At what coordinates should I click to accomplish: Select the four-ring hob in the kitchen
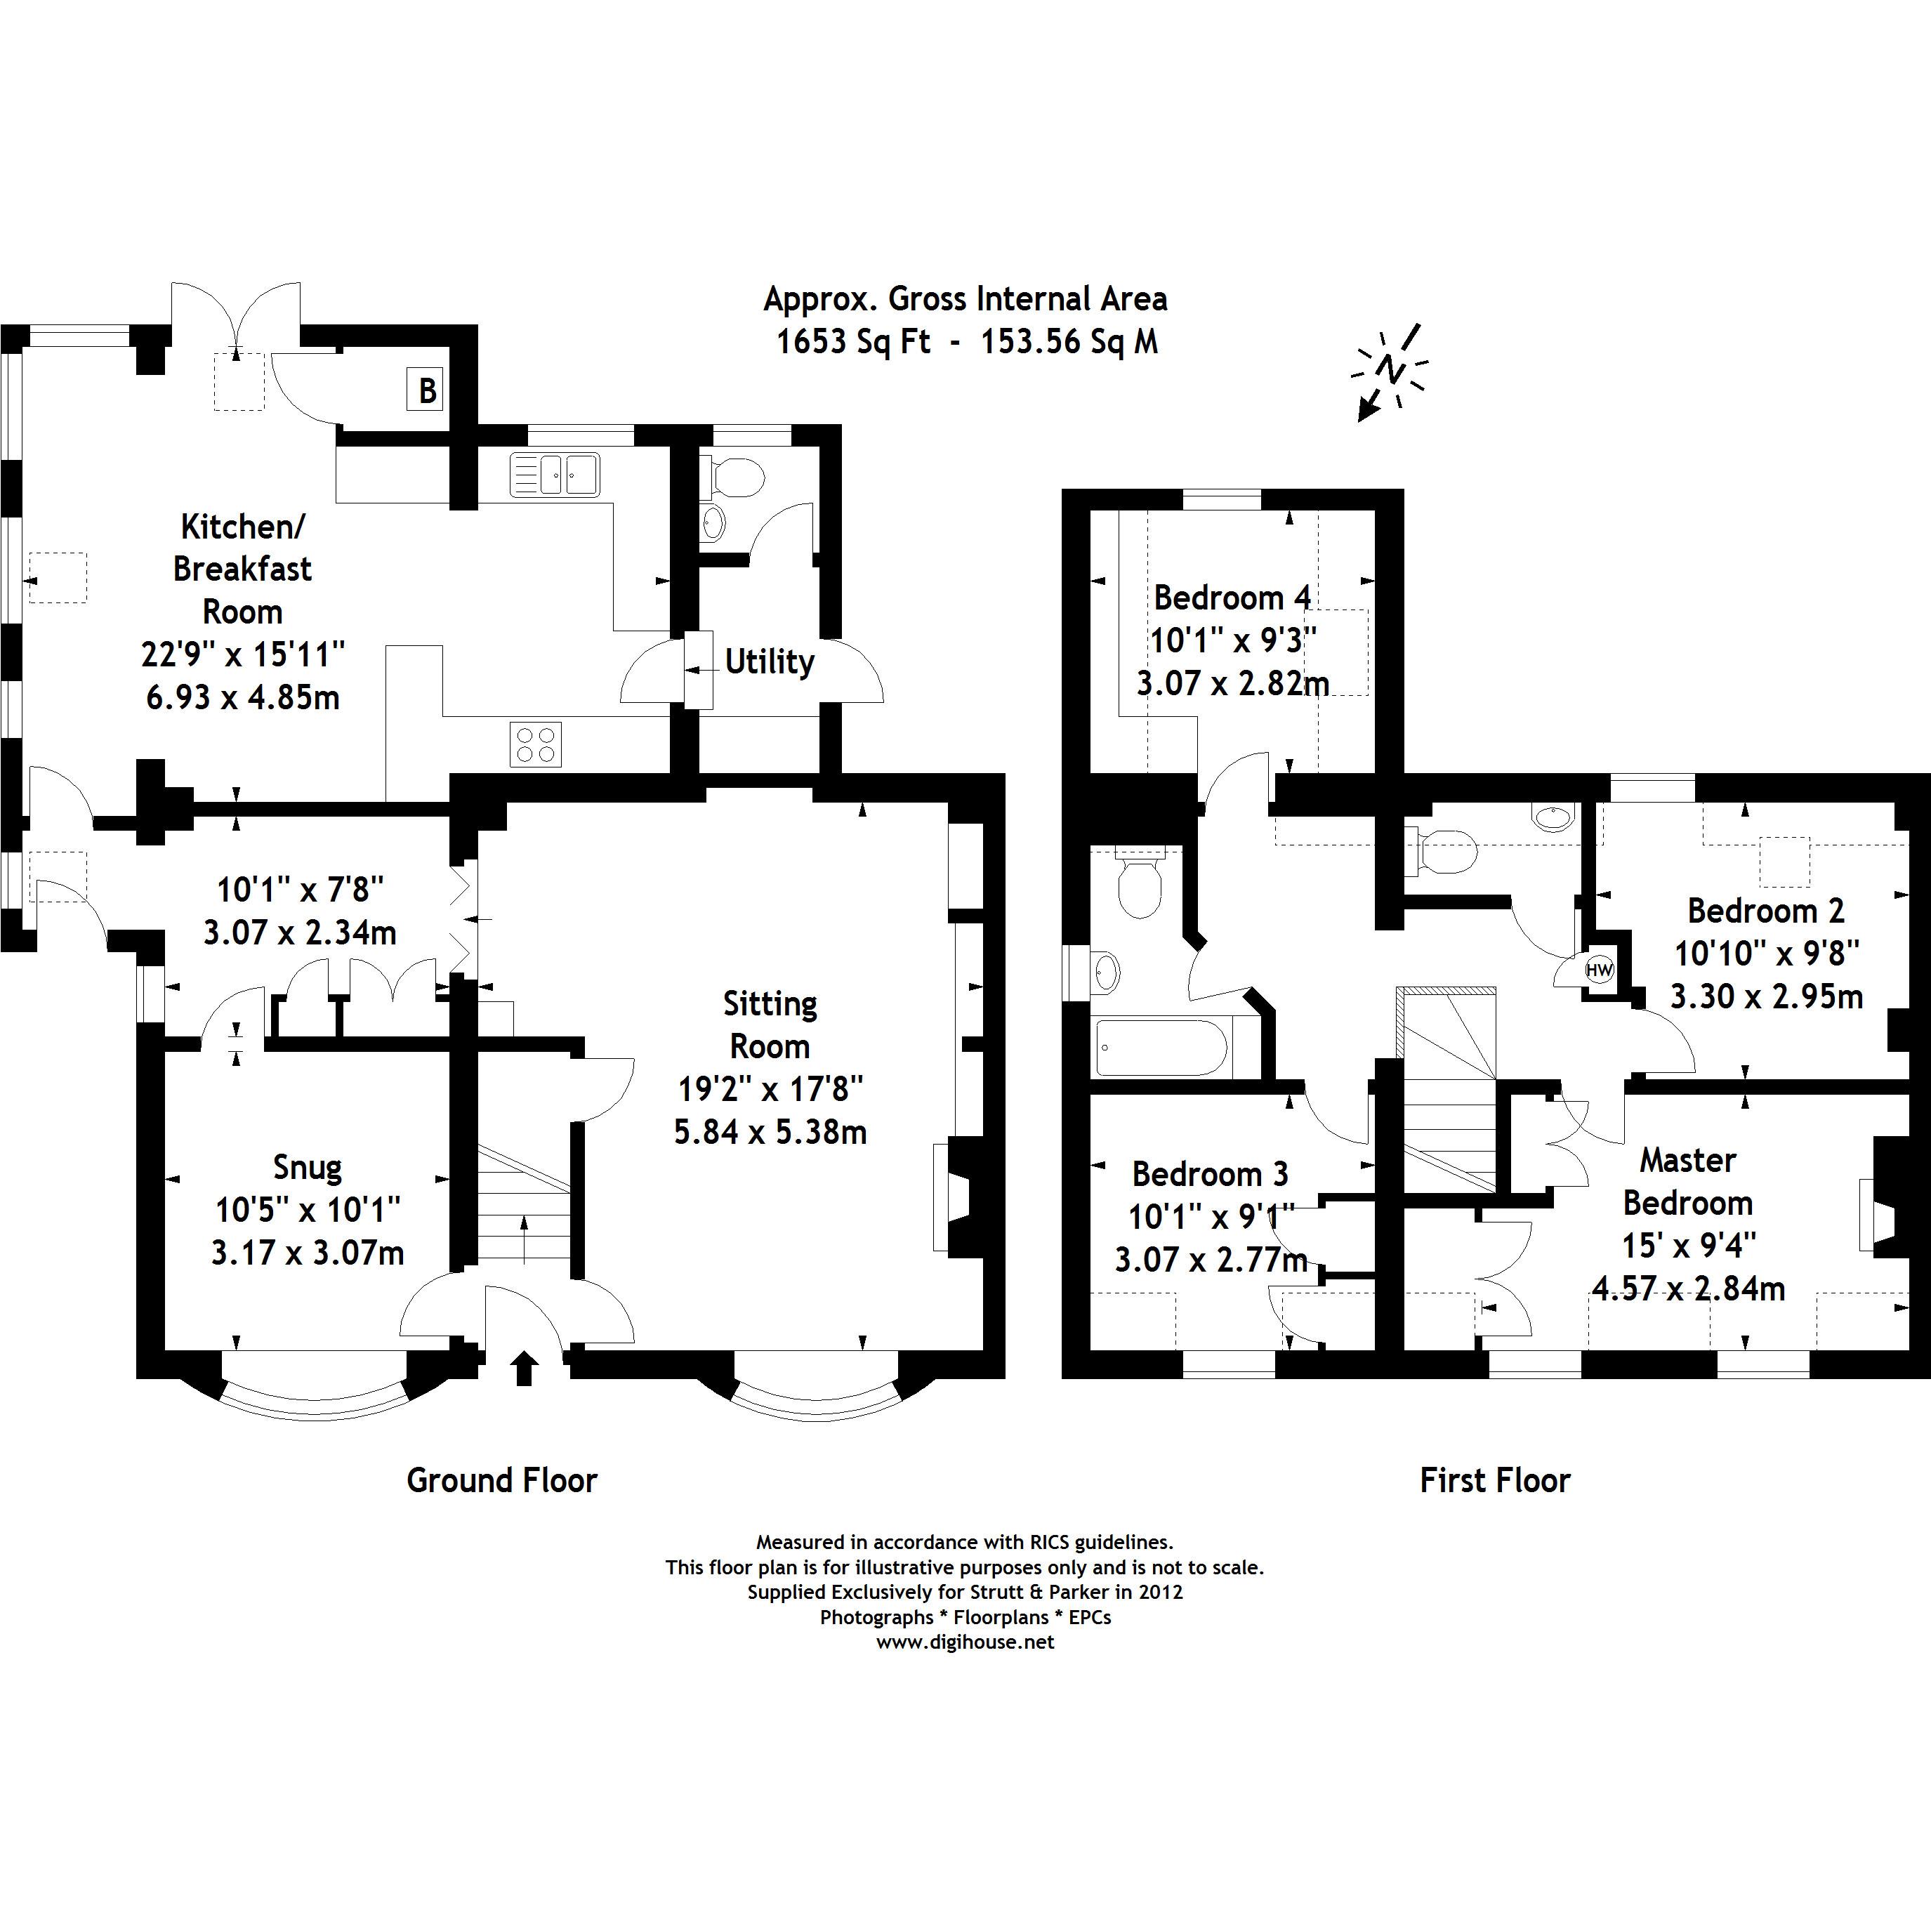[x=535, y=744]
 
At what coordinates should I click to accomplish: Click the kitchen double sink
[x=555, y=474]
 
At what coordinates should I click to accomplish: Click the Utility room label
[x=769, y=661]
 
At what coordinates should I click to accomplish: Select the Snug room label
[x=308, y=1166]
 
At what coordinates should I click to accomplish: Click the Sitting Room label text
[x=770, y=1024]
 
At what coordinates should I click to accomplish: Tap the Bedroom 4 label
[x=1232, y=598]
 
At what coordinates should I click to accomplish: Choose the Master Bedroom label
[x=1688, y=1180]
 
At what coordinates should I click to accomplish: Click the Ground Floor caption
[x=502, y=1480]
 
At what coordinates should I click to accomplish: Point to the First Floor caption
[x=1495, y=1480]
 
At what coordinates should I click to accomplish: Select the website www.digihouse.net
[x=965, y=1642]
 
